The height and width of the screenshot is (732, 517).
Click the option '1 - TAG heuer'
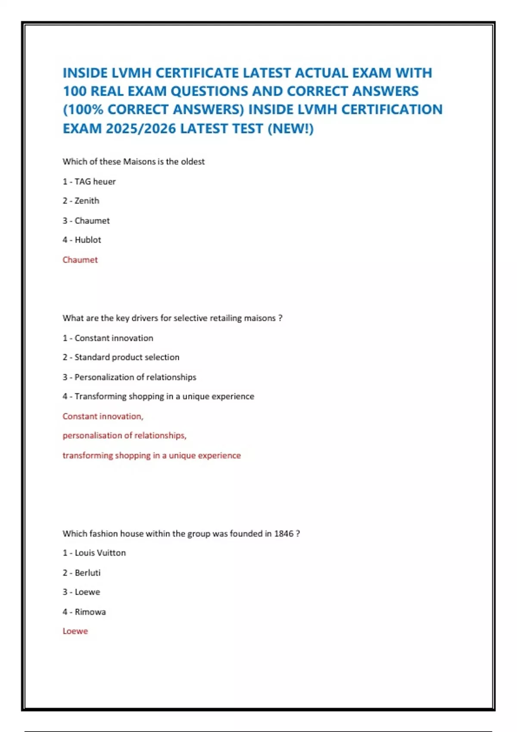[89, 182]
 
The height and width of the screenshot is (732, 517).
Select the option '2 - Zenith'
[81, 201]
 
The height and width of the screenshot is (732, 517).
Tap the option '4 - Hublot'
[82, 240]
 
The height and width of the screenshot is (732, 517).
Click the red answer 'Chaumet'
[80, 260]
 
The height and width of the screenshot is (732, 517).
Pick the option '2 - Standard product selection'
[121, 357]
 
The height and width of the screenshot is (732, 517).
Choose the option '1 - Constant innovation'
[108, 338]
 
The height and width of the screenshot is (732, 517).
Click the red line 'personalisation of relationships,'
[125, 436]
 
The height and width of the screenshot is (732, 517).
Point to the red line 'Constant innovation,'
[103, 416]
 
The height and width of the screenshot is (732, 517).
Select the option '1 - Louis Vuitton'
[94, 553]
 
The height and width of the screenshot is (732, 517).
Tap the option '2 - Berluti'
[81, 573]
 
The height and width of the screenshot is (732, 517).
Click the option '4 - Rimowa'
[84, 612]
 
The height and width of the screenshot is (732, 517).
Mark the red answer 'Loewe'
[75, 631]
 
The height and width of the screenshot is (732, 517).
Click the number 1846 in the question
[283, 533]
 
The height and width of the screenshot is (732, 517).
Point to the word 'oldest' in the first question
[193, 162]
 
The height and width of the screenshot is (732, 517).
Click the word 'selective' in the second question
[190, 318]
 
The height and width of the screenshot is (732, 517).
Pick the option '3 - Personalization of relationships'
[129, 377]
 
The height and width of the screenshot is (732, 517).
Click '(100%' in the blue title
[83, 110]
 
